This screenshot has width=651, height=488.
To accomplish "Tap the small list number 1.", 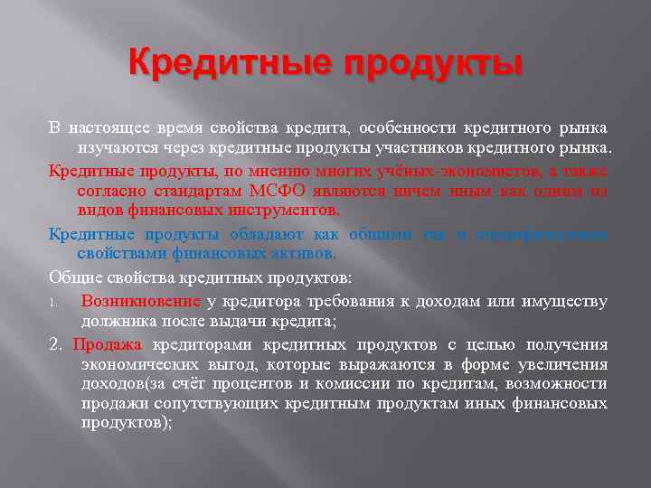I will pyautogui.click(x=53, y=302).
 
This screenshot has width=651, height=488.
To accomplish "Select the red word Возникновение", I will pyautogui.click(x=140, y=301).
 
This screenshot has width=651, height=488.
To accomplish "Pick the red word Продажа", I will pyautogui.click(x=107, y=344).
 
